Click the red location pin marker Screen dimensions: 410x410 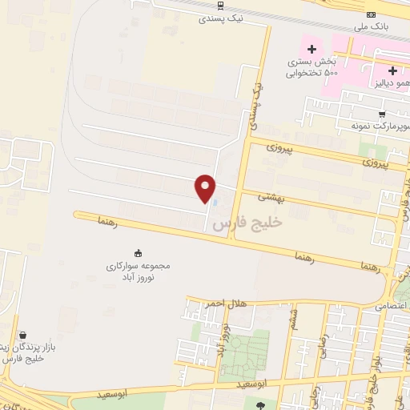tap(207, 188)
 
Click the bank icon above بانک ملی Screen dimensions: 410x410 tap(371, 14)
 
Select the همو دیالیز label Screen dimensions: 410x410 tap(389, 82)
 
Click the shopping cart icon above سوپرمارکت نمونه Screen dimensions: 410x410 tap(383, 114)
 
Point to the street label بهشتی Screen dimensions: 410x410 tap(270, 195)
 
